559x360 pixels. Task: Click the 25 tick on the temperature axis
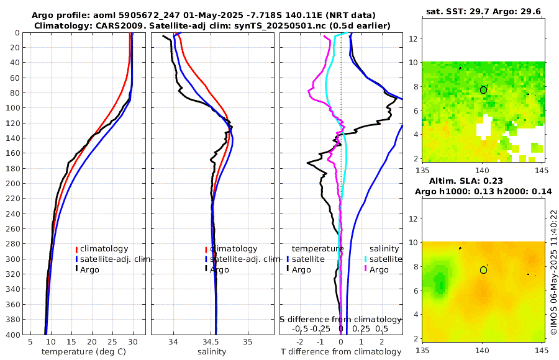coord(112,342)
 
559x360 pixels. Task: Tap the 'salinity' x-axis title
coord(212,352)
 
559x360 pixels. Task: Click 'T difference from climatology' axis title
coord(340,352)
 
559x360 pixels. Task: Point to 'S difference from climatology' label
coord(341,318)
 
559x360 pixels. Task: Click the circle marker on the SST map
coord(483,90)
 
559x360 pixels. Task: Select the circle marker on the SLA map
coord(483,270)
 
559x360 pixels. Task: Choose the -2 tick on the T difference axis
coord(301,342)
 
